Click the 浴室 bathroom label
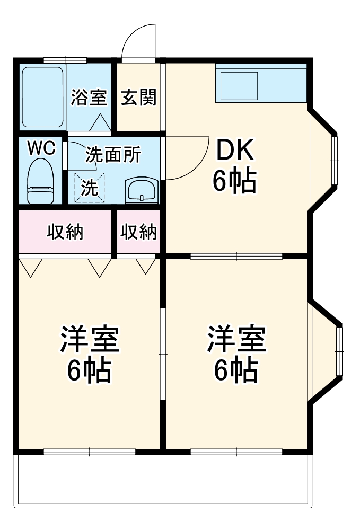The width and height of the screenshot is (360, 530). click(x=89, y=98)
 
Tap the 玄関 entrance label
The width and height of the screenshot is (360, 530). click(x=138, y=98)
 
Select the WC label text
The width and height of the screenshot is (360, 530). click(x=41, y=149)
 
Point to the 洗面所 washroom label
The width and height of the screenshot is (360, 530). click(x=113, y=155)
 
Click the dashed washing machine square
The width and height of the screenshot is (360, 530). click(x=90, y=188)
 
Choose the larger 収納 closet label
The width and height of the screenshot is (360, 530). click(x=66, y=232)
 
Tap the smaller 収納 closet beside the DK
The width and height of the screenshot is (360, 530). click(x=138, y=232)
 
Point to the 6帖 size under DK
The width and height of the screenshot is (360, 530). click(x=235, y=181)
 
